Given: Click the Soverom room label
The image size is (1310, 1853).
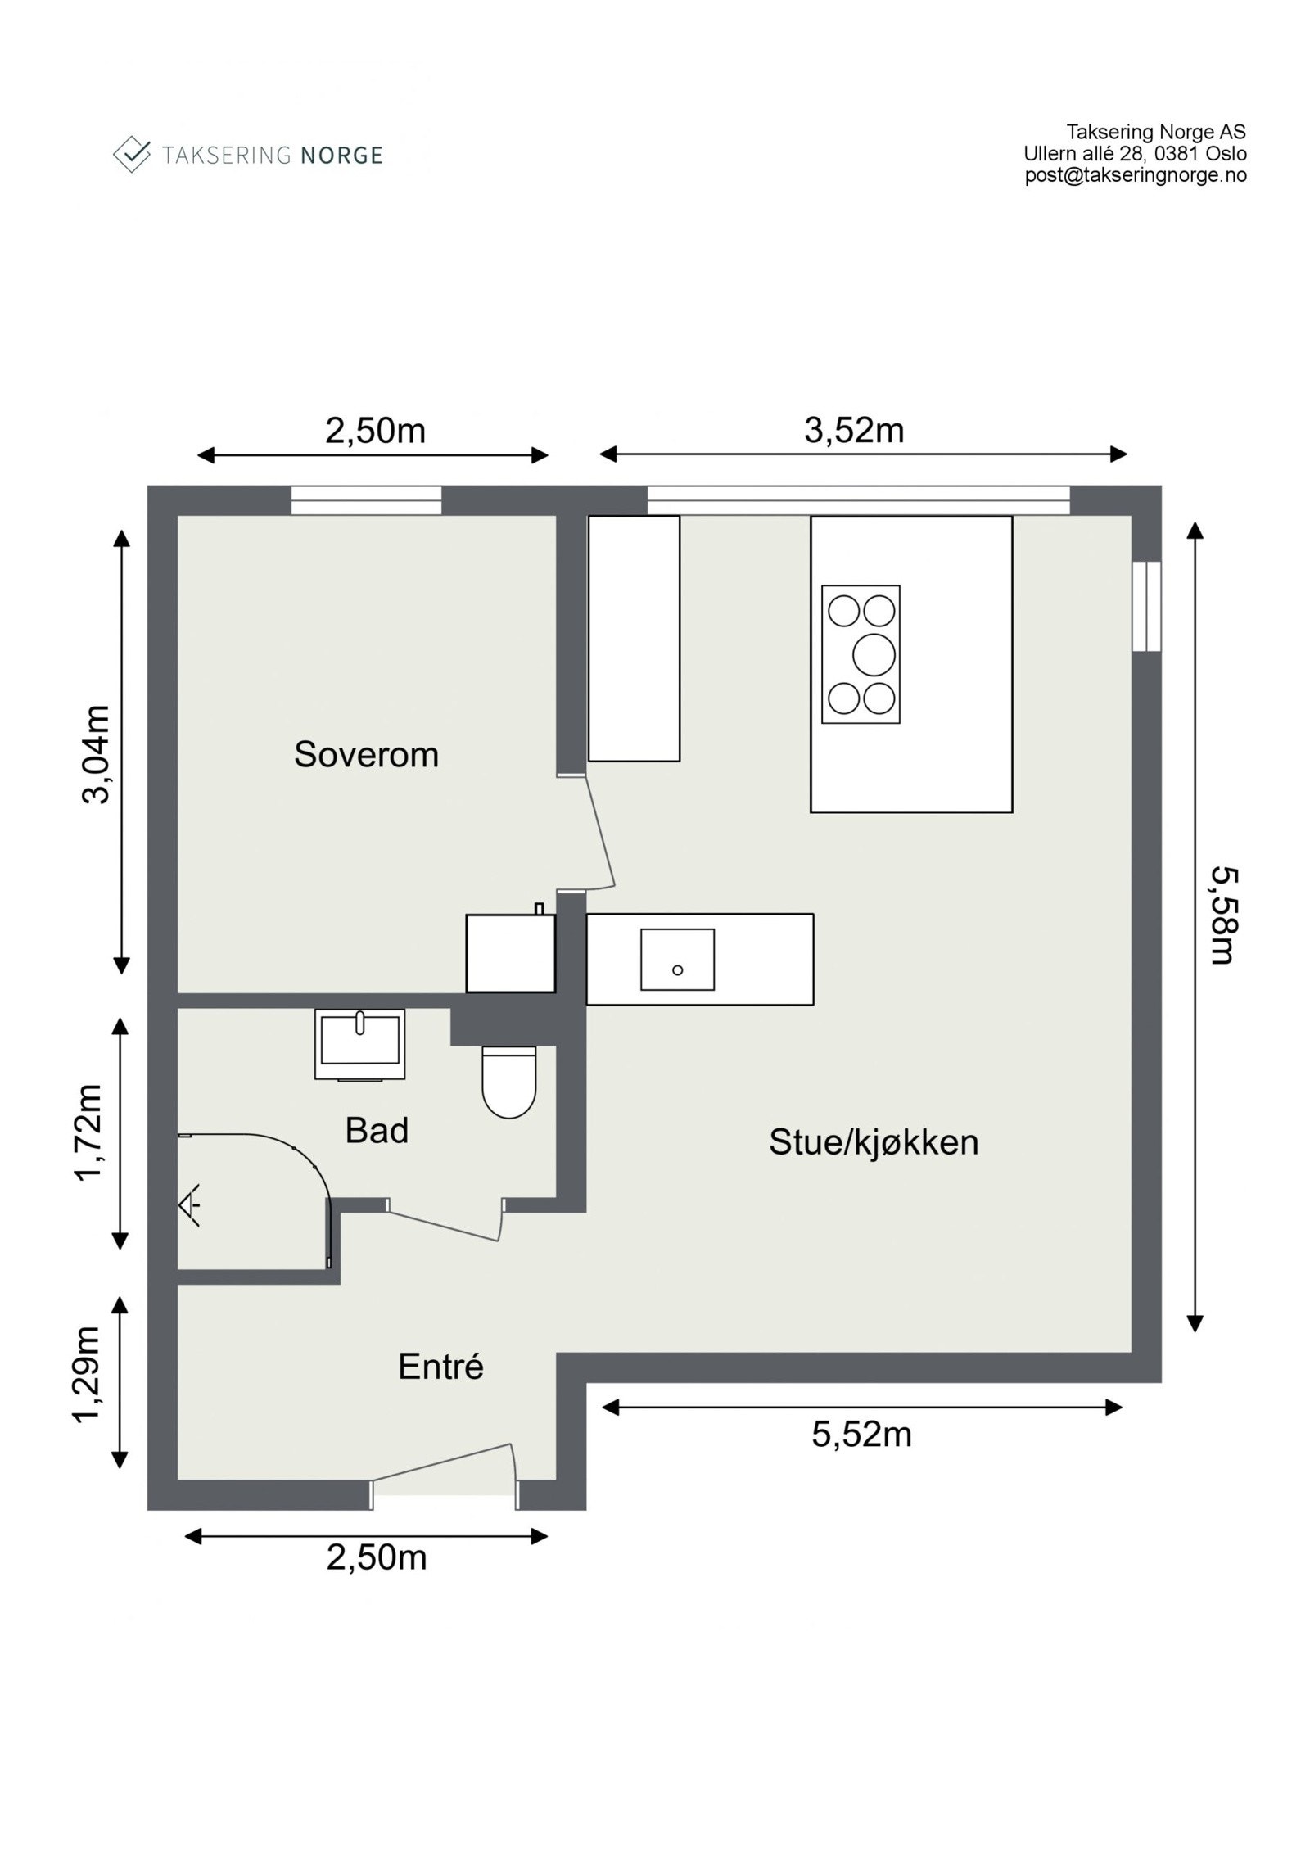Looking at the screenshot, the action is [x=366, y=755].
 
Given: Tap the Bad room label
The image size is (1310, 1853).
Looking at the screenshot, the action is [x=377, y=1131].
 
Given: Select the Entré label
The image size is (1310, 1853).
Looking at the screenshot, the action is [x=440, y=1367].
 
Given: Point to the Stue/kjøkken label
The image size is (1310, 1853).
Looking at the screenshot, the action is [x=874, y=1143].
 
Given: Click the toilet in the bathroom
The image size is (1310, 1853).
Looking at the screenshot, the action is [x=509, y=1082].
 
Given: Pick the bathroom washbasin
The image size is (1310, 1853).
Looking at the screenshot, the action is [x=360, y=1044].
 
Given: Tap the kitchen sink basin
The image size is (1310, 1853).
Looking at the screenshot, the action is [x=677, y=959].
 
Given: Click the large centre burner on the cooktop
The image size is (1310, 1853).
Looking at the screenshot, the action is [x=874, y=654].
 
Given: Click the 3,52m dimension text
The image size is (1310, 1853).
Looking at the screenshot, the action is [x=854, y=431].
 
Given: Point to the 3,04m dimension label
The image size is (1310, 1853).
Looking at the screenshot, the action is [x=96, y=754].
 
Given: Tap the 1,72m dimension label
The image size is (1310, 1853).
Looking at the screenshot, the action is [x=88, y=1133].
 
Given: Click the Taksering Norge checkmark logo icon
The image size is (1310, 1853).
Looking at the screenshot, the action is [x=132, y=154].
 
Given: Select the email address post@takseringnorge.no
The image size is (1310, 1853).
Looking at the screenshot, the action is [x=1136, y=175].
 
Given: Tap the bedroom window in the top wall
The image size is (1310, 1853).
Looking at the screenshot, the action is [x=367, y=500].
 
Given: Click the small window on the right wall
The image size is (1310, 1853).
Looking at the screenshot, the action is [x=1147, y=606].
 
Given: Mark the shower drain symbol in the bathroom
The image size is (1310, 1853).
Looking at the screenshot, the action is [x=190, y=1204].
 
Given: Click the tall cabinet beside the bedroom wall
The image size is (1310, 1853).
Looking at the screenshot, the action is [x=635, y=639].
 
